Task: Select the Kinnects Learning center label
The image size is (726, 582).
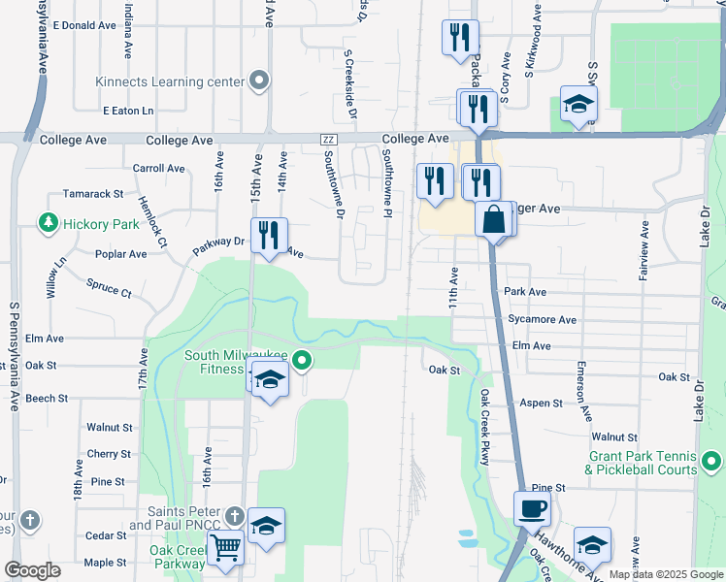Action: (169, 81)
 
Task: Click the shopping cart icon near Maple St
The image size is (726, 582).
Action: (225, 548)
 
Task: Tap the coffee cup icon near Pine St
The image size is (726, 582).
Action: (532, 508)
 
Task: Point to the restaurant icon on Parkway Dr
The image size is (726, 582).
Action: (269, 235)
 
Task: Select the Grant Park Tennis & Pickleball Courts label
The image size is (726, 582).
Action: (643, 463)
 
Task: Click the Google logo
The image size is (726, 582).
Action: (32, 570)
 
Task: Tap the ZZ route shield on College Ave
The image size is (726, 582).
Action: (327, 141)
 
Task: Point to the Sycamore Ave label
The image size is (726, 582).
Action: (542, 319)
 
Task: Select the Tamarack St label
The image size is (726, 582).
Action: (93, 194)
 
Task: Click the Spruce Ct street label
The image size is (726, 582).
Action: (109, 289)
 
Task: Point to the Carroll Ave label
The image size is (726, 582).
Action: (158, 168)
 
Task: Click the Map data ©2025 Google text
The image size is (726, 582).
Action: (665, 574)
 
